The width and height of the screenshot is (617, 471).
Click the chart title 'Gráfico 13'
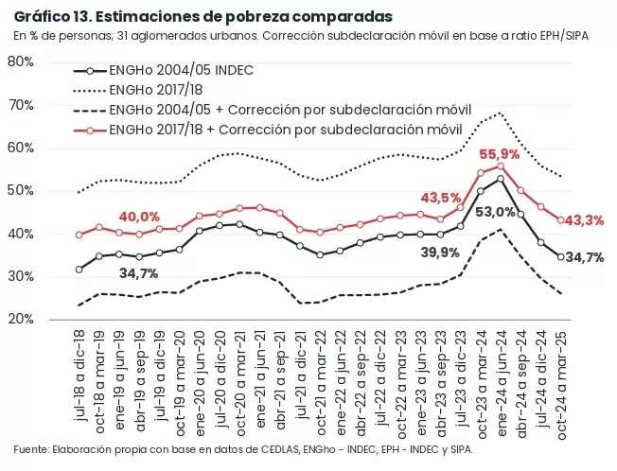(52, 17)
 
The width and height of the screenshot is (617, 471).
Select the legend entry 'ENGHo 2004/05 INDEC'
(164, 70)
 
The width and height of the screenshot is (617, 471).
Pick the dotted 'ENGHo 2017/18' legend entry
(138, 90)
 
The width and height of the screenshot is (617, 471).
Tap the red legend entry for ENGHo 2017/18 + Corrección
(268, 130)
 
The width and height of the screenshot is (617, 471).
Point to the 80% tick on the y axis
(21, 61)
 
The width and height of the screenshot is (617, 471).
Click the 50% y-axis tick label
(21, 191)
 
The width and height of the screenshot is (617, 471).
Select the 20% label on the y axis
(21, 319)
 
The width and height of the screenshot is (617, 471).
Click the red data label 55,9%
(500, 154)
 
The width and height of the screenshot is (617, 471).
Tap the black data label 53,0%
(496, 212)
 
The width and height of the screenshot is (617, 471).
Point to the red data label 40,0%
(139, 217)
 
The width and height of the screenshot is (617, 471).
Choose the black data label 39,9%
(440, 253)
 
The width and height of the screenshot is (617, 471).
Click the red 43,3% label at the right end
(584, 221)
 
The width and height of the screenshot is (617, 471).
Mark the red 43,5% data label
(441, 198)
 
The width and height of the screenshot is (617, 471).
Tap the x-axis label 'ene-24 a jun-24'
(501, 383)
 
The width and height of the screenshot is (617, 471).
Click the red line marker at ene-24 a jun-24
(501, 166)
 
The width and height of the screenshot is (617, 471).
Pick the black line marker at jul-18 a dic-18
(79, 270)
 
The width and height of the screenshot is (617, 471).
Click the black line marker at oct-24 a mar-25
(561, 256)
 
